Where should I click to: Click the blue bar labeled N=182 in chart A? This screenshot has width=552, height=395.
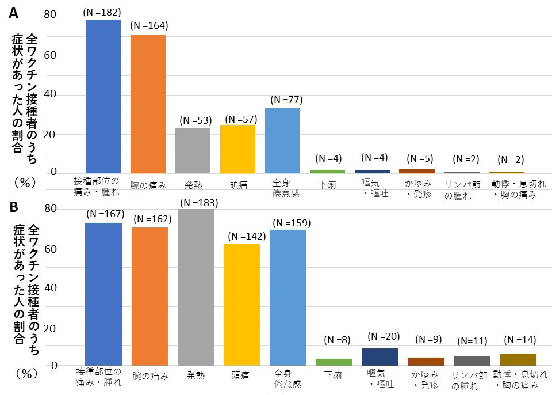pos(103,96)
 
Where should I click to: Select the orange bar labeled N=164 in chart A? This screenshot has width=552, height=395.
pos(148,104)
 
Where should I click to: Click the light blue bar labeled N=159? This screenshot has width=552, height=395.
pos(287,297)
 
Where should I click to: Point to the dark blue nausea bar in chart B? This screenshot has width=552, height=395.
pos(380,356)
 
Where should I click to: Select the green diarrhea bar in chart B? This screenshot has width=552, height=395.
pos(333,362)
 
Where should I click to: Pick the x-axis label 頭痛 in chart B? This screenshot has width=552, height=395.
pos(241,375)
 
